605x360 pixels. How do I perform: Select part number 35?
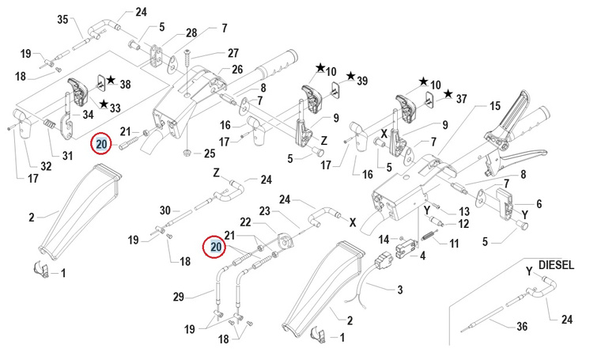coord(63,20)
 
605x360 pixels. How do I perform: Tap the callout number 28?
coord(191,32)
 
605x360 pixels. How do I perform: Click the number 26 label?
coord(236,69)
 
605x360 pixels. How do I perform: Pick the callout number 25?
coord(210,153)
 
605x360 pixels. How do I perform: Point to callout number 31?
coord(66,153)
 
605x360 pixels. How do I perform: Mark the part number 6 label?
coord(539,203)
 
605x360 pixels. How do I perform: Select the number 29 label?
coord(179,297)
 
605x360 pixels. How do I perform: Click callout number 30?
coord(164,210)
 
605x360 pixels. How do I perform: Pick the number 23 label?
coord(264,210)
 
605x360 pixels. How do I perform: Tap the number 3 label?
coord(400,290)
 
